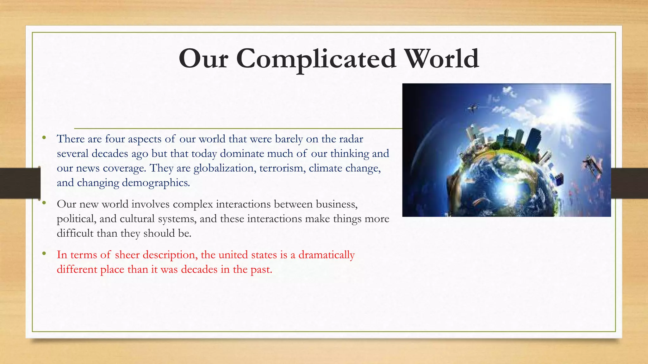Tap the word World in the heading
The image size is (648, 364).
(442, 59)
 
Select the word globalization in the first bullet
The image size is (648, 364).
(224, 168)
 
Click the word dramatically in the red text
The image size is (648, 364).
(326, 255)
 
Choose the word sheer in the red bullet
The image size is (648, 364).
(127, 255)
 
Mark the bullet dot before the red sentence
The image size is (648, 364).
(44, 253)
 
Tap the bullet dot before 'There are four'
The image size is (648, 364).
(44, 137)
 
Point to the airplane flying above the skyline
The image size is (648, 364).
(473, 108)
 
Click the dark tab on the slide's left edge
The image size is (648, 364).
(20, 183)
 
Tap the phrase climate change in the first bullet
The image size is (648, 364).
(345, 168)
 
